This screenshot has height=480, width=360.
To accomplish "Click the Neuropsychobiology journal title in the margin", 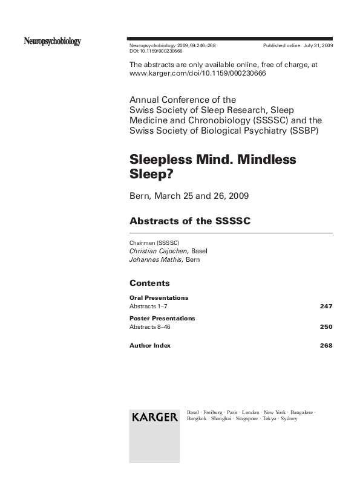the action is [x=52, y=42].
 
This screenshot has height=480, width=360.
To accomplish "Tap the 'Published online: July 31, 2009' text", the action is [x=298, y=46].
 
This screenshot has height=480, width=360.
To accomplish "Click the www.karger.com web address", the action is [x=198, y=73].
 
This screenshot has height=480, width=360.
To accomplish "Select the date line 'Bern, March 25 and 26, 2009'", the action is [x=189, y=196].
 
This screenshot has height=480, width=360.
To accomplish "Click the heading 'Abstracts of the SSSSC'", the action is [x=189, y=221].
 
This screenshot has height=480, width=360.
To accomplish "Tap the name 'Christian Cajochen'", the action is [x=159, y=251].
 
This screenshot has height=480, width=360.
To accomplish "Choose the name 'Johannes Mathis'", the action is [x=156, y=260].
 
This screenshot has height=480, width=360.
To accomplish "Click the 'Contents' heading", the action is [x=149, y=283].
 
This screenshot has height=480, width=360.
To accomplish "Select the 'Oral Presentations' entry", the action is [x=159, y=297].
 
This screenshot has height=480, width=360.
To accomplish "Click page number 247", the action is [x=326, y=306].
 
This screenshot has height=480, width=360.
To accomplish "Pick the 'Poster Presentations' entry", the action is [x=162, y=318].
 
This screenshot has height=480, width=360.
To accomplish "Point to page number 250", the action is [x=326, y=327].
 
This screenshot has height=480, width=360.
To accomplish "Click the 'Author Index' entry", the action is [x=150, y=346].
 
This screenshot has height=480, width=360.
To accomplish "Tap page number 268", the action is [x=326, y=346].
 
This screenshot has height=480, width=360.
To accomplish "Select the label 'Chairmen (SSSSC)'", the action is [x=154, y=242].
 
